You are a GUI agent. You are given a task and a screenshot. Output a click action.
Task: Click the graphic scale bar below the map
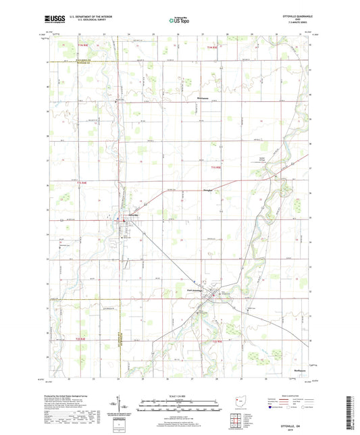(180, 401)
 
